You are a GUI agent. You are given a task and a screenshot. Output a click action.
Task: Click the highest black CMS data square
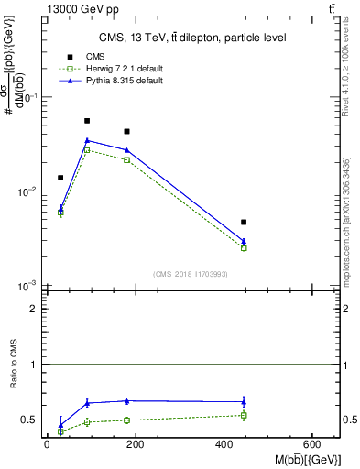click(87, 121)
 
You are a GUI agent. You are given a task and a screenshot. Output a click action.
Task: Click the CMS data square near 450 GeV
click(244, 222)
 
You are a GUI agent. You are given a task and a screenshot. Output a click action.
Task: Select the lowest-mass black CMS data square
click(60, 178)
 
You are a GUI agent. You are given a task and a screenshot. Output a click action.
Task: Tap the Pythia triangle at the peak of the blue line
click(87, 140)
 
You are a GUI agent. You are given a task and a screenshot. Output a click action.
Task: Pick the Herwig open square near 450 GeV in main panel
click(244, 248)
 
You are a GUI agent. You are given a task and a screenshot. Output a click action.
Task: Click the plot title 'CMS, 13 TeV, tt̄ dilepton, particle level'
click(191, 38)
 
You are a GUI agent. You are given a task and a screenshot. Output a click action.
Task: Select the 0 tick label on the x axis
click(47, 444)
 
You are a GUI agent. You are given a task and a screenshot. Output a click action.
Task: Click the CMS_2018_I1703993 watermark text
click(191, 274)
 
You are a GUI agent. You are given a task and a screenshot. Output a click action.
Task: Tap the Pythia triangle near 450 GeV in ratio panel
click(244, 401)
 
